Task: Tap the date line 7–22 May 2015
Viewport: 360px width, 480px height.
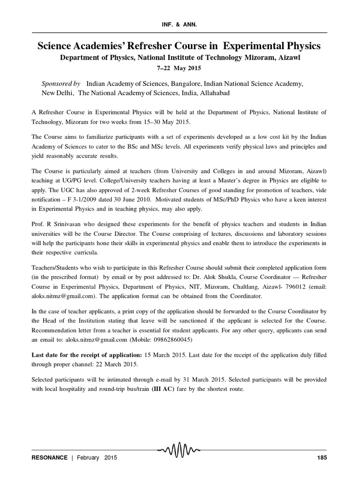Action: (x=180, y=68)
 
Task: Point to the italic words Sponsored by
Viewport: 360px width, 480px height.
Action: (x=61, y=83)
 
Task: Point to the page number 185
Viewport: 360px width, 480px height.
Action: (x=321, y=457)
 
